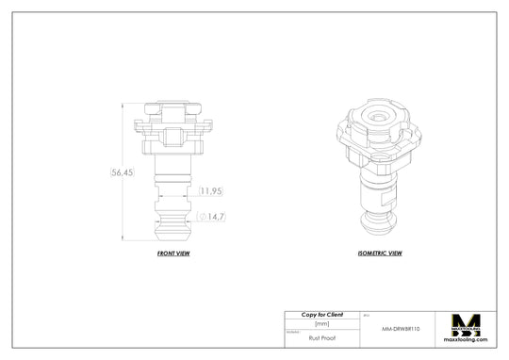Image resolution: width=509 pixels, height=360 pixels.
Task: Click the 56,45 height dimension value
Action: click(x=123, y=173)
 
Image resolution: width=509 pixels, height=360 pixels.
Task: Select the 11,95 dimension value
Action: click(x=210, y=191)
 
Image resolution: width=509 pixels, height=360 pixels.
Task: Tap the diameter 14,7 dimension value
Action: click(x=214, y=217)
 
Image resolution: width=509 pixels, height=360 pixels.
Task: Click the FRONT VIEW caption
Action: click(x=172, y=254)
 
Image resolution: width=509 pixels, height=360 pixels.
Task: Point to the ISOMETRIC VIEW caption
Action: click(x=381, y=254)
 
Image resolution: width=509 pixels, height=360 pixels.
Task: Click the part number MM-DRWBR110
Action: click(x=402, y=329)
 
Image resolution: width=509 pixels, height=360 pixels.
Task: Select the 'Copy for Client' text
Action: click(x=321, y=314)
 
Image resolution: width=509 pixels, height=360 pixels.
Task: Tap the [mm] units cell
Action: click(x=321, y=323)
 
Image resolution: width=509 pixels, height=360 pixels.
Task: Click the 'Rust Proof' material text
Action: click(x=321, y=335)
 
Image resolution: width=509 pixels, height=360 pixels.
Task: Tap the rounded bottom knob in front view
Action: click(x=172, y=226)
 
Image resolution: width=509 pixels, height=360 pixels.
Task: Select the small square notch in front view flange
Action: click(x=172, y=138)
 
